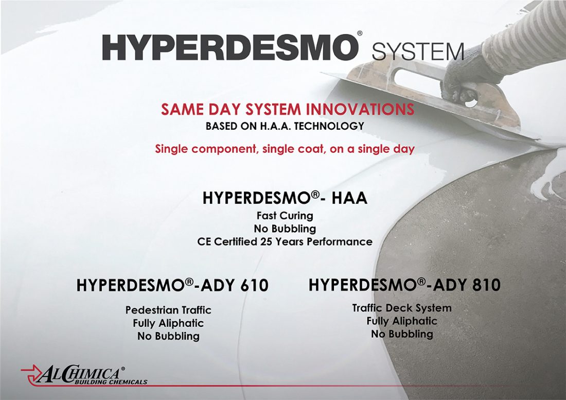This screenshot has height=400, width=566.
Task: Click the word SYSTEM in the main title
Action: pyautogui.click(x=418, y=51)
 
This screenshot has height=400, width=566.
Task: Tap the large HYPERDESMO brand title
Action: pyautogui.click(x=228, y=48)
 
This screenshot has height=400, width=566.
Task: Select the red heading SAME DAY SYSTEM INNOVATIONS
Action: pyautogui.click(x=288, y=109)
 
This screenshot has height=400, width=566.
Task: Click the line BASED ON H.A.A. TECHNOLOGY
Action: pyautogui.click(x=285, y=126)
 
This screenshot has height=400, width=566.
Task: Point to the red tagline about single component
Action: pyautogui.click(x=285, y=149)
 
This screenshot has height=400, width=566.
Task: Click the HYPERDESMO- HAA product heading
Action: pyautogui.click(x=285, y=198)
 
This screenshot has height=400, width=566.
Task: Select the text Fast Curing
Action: pyautogui.click(x=285, y=216)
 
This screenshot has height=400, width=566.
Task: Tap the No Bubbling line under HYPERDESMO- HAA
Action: pyautogui.click(x=285, y=229)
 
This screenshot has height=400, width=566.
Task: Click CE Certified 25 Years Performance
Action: pyautogui.click(x=285, y=241)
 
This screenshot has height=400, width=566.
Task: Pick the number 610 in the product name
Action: pyautogui.click(x=254, y=285)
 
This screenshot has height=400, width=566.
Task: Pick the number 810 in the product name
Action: pyautogui.click(x=486, y=285)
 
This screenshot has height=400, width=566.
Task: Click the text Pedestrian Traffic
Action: pyautogui.click(x=168, y=310)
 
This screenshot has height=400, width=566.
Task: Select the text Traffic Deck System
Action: pyautogui.click(x=402, y=308)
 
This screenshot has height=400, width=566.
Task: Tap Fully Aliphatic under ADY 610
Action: pyautogui.click(x=168, y=323)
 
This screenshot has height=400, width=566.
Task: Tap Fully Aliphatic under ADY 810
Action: pyautogui.click(x=402, y=321)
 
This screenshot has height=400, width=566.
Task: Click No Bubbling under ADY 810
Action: pyautogui.click(x=402, y=334)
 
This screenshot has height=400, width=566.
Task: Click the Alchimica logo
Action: pyautogui.click(x=84, y=375)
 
